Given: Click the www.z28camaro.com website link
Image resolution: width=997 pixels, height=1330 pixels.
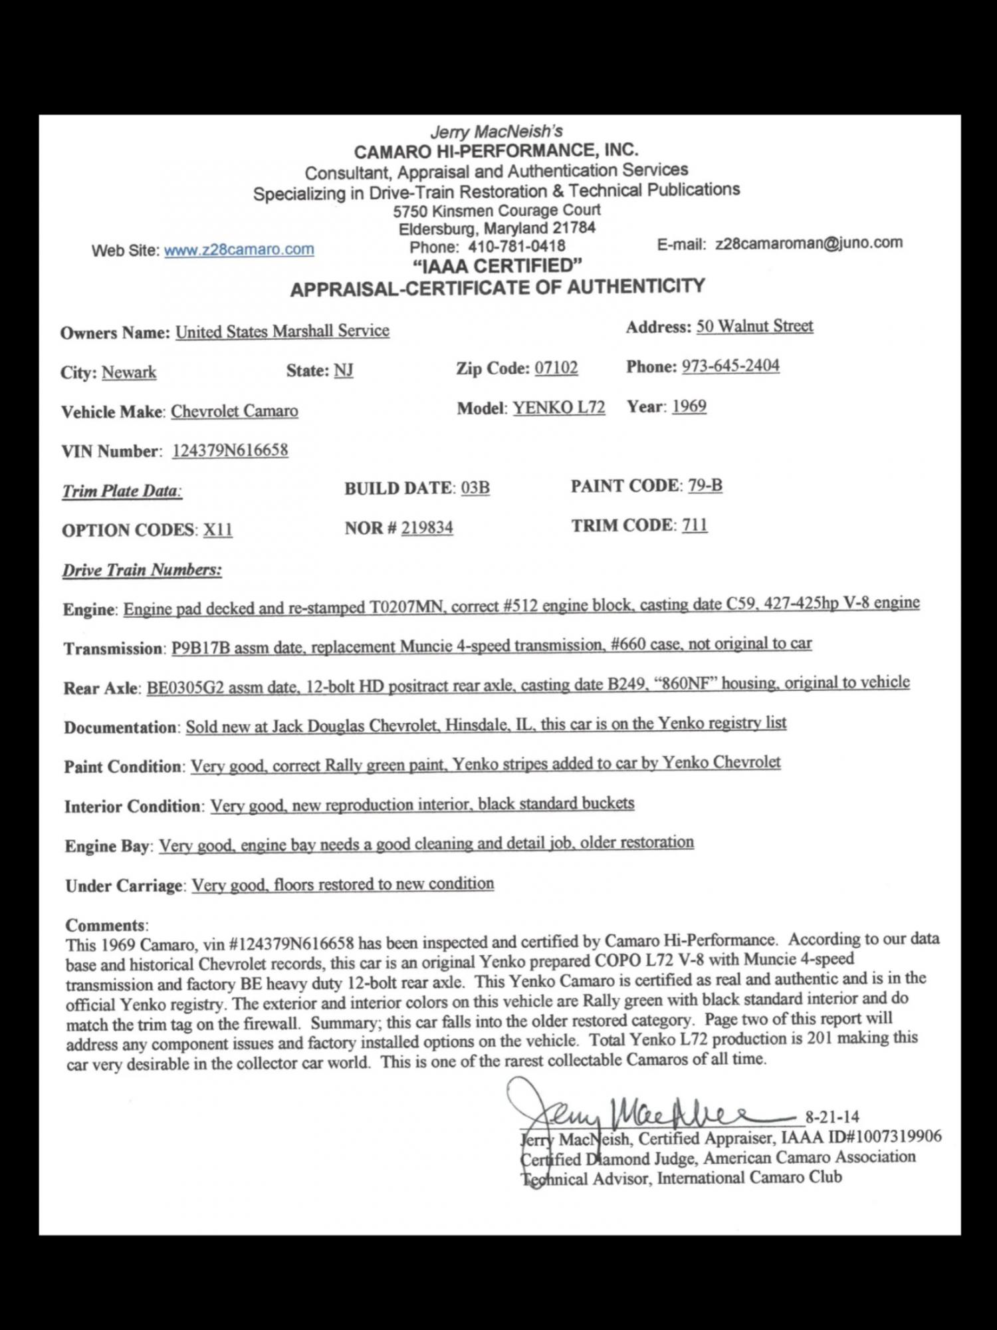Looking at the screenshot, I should pos(239,250).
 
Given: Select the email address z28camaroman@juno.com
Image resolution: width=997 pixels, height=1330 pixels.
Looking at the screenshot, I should pos(809,243).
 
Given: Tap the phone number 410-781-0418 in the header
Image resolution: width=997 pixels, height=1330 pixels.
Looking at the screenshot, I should pos(516,246).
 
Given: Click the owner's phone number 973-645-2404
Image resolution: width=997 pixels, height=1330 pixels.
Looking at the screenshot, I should pos(730,366).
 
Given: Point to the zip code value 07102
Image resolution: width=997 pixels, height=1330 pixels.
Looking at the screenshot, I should pos(556,368).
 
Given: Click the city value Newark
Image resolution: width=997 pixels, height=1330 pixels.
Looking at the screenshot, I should pos(129,372).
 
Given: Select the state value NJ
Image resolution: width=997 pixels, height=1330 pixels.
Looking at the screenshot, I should pos(344,370).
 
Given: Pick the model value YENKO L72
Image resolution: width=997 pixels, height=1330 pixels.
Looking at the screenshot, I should pos(558,408).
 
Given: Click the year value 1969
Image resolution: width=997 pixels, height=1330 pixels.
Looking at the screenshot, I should pos(689,406).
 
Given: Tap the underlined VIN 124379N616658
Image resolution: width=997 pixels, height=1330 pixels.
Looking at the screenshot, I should pos(230,450).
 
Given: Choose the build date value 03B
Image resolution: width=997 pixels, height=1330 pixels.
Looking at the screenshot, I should pos(475,488).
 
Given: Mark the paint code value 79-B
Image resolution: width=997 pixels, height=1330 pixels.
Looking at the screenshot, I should pos(705,485).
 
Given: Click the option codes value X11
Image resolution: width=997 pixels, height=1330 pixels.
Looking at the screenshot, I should pos(218,530).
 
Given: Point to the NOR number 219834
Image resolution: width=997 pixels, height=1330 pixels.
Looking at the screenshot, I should pos(427,528).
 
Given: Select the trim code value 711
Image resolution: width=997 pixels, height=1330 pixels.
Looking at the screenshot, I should pos(695,525).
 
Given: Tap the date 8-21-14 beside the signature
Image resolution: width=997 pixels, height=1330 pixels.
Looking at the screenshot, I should pos(832,1117).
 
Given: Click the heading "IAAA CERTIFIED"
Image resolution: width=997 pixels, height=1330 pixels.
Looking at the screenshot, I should pos(497,267).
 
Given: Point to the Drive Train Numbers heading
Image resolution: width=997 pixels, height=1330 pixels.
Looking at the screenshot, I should pos(142,570).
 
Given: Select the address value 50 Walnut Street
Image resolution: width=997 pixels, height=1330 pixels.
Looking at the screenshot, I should pos(754,327).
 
